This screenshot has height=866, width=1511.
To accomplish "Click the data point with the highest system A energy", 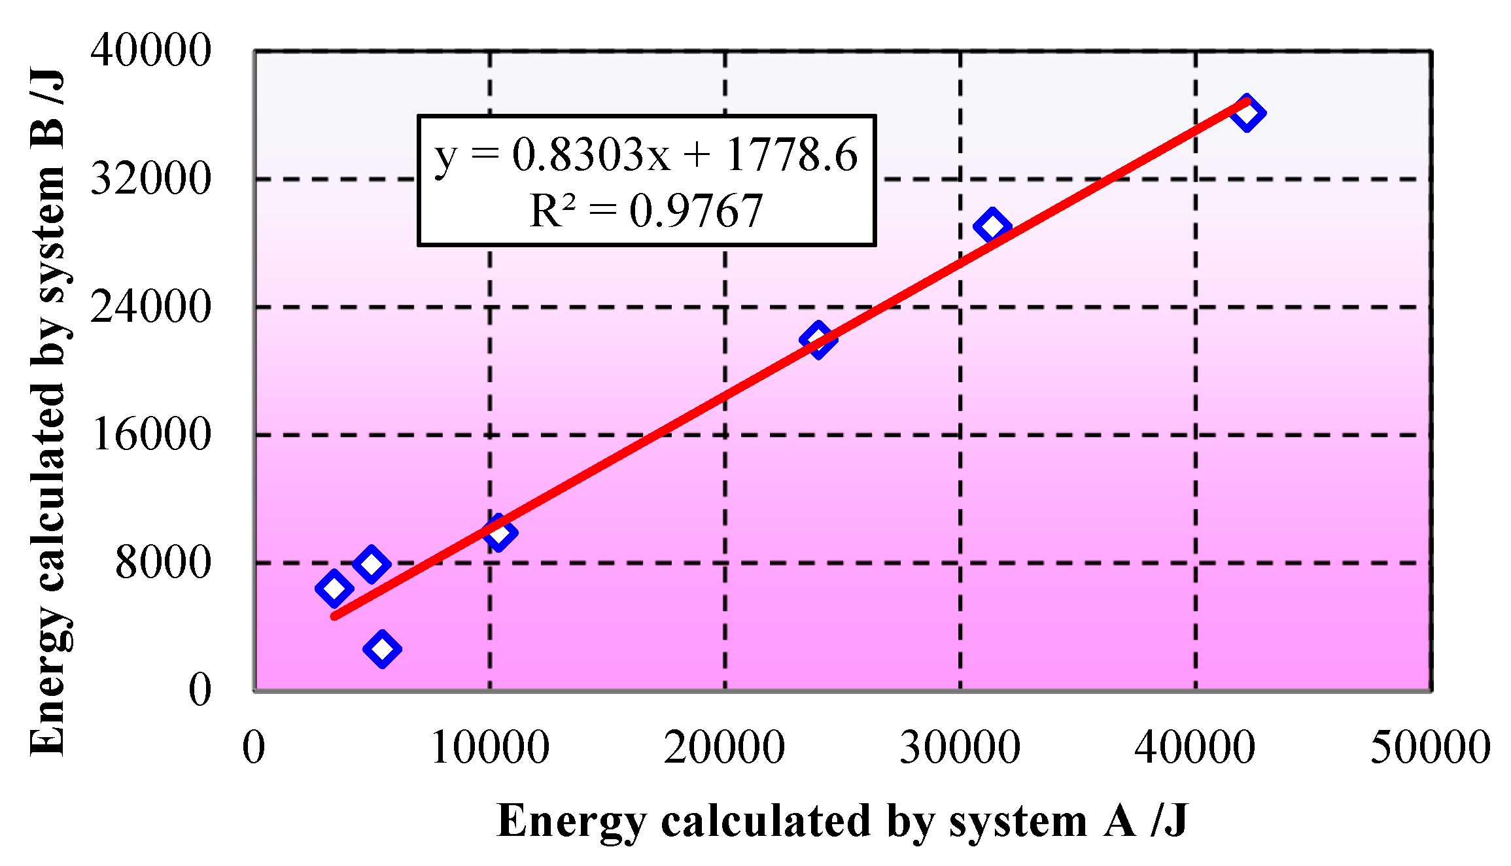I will [1247, 113].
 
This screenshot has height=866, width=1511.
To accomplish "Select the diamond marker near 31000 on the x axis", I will [992, 226].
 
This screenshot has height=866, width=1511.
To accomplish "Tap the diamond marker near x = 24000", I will [818, 339].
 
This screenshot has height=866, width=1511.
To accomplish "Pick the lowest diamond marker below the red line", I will [382, 649].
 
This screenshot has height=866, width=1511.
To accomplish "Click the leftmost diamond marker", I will [334, 588].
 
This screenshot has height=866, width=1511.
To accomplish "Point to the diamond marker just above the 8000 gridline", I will [371, 564].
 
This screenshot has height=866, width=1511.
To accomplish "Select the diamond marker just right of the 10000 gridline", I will [499, 532].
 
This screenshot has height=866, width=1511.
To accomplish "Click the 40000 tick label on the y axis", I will [150, 50].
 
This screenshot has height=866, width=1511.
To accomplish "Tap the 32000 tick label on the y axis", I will [150, 179].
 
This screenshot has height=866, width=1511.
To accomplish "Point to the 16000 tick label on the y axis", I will [150, 434].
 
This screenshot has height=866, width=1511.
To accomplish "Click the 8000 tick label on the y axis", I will [163, 563].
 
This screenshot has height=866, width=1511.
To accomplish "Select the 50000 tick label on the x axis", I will [1430, 747].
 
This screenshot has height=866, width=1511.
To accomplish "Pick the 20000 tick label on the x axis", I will [724, 747].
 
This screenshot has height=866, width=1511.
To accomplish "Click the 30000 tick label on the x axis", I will [960, 747].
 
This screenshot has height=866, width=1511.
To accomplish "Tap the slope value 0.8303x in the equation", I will [591, 156].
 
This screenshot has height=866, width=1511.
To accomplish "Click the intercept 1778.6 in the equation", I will [791, 156].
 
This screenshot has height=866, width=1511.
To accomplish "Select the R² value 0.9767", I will [695, 211].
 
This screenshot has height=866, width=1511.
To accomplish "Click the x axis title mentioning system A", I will [842, 821].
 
